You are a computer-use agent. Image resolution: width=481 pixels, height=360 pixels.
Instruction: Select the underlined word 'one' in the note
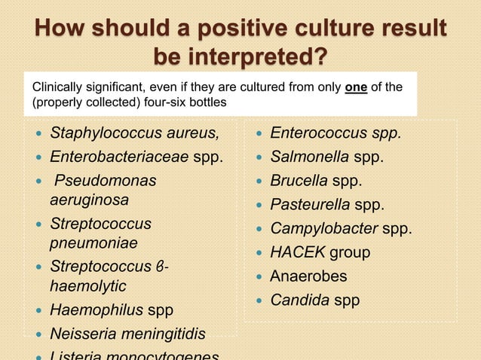point(356,87)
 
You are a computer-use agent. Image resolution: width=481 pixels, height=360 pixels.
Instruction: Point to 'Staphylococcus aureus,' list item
point(135,134)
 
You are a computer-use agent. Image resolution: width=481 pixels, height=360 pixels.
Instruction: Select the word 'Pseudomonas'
point(105,182)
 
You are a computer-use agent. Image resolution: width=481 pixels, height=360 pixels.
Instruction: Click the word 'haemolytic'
point(87,286)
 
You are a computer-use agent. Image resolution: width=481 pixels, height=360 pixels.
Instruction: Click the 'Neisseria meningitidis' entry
point(127,334)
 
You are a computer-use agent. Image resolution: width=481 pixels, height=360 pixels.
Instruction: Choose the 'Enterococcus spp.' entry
point(335,134)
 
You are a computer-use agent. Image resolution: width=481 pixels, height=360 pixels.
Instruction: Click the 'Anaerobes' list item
point(308,276)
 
